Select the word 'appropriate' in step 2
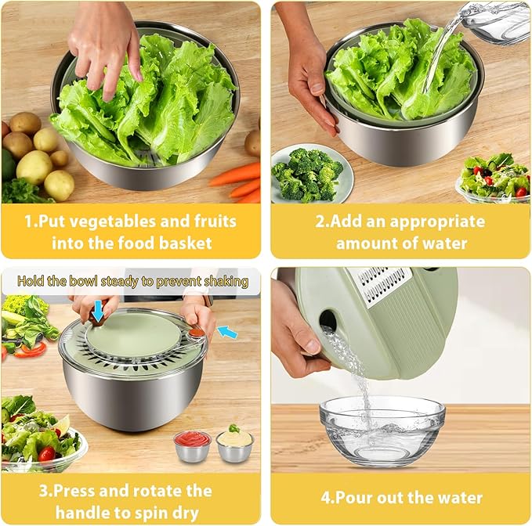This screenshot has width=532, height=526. click(437, 222)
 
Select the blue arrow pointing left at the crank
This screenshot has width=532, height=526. click(227, 332)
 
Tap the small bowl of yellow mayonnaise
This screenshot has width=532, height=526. click(235, 445)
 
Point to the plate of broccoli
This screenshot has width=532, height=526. click(312, 174)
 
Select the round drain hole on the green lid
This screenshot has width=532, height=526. click(328, 321)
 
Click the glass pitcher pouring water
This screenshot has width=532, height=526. click(495, 23)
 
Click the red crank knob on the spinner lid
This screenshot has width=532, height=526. click(195, 331)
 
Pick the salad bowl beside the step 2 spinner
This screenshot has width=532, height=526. click(494, 178)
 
